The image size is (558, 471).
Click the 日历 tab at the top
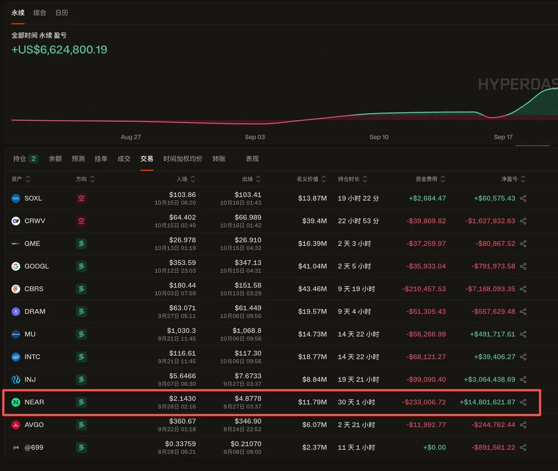[62, 13]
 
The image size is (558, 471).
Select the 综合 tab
[40, 13]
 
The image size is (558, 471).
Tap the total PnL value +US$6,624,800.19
[60, 50]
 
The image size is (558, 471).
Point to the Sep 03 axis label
[255, 137]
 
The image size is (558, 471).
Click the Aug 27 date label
[131, 137]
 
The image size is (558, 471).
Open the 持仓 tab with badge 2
[26, 159]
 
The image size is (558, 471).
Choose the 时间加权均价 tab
[183, 159]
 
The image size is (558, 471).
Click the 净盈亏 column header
[509, 179]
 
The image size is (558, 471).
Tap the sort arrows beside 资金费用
[443, 179]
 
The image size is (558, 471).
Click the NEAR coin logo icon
[16, 402]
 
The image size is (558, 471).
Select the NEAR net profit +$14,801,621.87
[487, 402]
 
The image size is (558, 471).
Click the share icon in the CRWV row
[523, 221]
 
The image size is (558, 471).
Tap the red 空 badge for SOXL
[81, 199]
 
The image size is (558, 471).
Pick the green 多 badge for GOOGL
[81, 266]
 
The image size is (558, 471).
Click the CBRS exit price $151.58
[248, 285]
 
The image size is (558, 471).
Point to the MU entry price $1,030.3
[181, 331]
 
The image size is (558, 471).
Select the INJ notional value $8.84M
[314, 379]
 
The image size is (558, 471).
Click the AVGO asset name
[34, 425]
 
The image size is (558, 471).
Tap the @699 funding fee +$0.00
[434, 447]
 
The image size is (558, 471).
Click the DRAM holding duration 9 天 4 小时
[354, 312]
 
